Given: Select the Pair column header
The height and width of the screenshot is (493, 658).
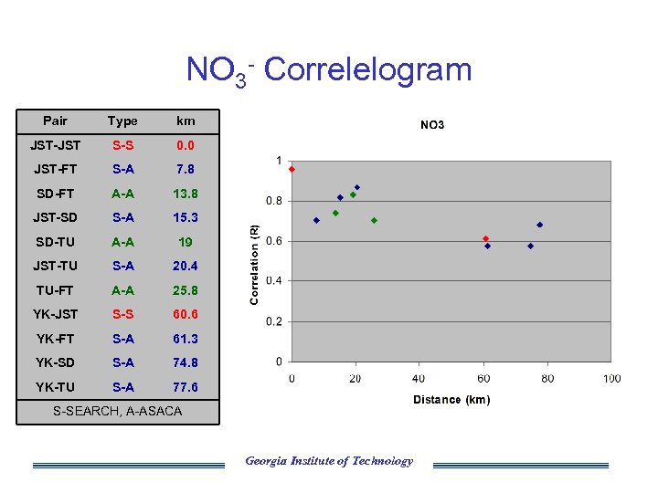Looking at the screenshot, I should [56, 121].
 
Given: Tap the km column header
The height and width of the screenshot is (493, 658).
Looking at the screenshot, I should [186, 121].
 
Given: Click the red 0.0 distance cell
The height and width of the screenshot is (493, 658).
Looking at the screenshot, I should [186, 145].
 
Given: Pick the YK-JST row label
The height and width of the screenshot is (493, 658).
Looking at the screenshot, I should [57, 314].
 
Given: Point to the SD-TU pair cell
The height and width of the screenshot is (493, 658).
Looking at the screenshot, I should [56, 242].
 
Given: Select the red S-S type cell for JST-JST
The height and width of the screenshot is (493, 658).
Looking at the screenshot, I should [122, 145].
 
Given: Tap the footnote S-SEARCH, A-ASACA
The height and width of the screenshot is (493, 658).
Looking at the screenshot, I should [117, 411].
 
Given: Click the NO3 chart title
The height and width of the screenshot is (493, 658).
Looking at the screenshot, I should [431, 125].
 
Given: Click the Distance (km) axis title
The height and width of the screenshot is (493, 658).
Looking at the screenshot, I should [451, 400].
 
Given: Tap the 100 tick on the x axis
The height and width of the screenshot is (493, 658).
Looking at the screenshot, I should [611, 378].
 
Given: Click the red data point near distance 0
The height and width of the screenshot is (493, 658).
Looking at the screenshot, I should [292, 169].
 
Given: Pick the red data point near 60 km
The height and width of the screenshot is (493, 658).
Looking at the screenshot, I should [485, 238].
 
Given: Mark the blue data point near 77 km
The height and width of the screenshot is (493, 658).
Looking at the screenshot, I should [539, 225].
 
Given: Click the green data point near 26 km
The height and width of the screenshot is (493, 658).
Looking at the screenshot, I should [374, 220].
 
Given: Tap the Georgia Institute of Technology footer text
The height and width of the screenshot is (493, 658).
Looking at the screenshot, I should [329, 461].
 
